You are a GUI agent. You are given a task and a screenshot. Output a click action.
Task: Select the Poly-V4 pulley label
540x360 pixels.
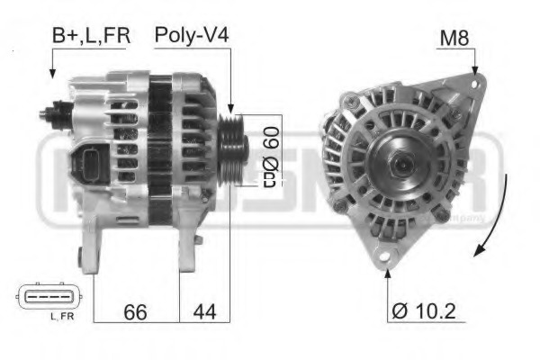(x=191, y=36)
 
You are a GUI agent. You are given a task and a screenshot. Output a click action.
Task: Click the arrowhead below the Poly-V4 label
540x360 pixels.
(x=231, y=106)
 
